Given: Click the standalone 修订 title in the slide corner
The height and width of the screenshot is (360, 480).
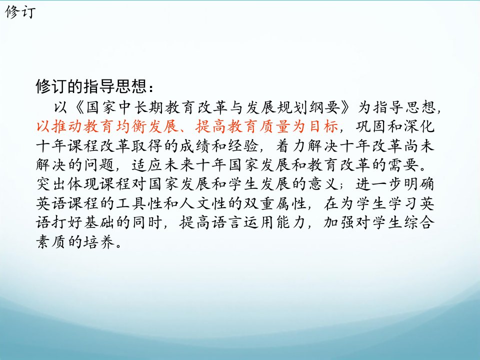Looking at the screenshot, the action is [20, 12].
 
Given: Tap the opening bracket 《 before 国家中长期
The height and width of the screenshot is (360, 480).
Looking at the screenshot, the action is [77, 107].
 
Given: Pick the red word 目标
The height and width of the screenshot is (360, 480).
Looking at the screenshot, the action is [322, 126].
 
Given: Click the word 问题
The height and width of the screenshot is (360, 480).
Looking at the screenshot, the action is [99, 165].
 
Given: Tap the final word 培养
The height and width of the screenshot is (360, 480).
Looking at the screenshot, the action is [99, 242].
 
